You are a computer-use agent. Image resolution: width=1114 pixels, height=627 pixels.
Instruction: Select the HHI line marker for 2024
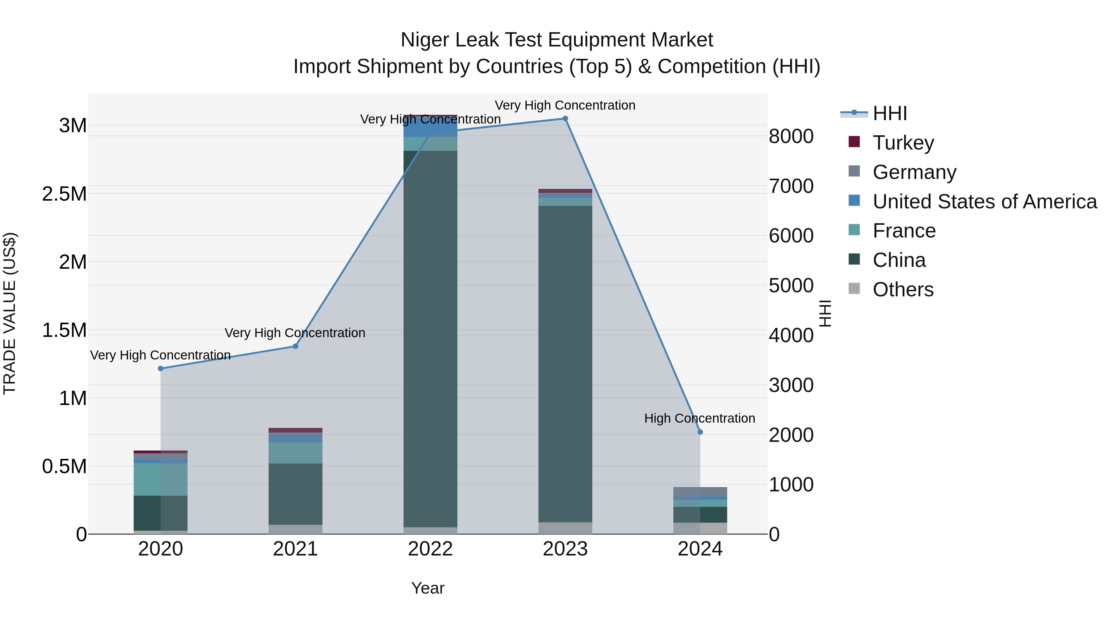pyautogui.click(x=700, y=432)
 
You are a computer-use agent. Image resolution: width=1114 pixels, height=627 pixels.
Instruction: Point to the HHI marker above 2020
pyautogui.click(x=160, y=368)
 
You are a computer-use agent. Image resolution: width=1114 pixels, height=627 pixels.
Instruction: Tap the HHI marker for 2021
pyautogui.click(x=296, y=346)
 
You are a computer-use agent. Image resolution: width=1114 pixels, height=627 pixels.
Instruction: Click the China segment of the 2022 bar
pyautogui.click(x=430, y=337)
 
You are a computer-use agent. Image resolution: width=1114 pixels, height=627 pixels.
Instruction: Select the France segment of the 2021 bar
pyautogui.click(x=296, y=453)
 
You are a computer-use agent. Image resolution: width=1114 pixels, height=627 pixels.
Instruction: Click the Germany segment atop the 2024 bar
pyautogui.click(x=700, y=492)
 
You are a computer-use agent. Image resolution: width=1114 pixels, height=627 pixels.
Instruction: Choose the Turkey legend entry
pyautogui.click(x=903, y=143)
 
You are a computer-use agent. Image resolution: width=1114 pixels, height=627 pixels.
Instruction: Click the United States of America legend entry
pyautogui.click(x=984, y=202)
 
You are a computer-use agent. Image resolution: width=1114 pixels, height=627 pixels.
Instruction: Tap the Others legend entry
pyautogui.click(x=903, y=290)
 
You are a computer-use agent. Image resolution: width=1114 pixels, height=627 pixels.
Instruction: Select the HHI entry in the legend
pyautogui.click(x=890, y=113)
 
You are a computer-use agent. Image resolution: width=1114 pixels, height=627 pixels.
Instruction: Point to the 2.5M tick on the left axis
pyautogui.click(x=64, y=194)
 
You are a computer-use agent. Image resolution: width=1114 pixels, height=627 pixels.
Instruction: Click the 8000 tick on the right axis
pyautogui.click(x=791, y=136)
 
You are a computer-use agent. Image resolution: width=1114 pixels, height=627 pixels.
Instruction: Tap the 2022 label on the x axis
pyautogui.click(x=430, y=549)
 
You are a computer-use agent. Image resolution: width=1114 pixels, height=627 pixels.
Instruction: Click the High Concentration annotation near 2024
pyautogui.click(x=699, y=418)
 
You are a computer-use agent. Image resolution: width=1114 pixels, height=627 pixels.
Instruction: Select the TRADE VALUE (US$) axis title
pyautogui.click(x=10, y=313)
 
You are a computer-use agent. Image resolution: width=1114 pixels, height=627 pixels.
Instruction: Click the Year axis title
pyautogui.click(x=428, y=588)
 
